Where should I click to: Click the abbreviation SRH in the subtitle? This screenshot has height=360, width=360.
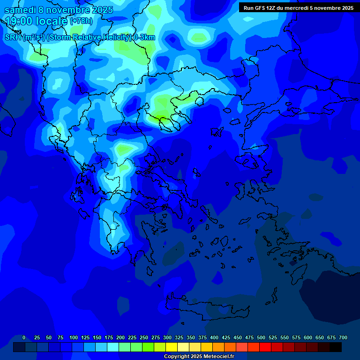coord(13,37)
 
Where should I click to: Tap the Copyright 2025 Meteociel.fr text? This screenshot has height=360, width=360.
coord(199,356)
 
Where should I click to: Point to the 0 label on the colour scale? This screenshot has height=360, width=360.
coord(24,337)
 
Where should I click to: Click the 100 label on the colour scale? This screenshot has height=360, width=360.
coord(74,337)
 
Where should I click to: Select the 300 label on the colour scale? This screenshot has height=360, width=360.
coord(167,337)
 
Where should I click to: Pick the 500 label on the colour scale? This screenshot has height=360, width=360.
coord(261,337)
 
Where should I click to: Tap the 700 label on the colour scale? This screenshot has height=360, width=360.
coord(343,337)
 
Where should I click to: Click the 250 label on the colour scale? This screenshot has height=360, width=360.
coord(144,337)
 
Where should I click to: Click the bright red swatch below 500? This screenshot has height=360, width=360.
coord(265,347)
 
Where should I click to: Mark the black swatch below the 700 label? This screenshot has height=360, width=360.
coord(336,347)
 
